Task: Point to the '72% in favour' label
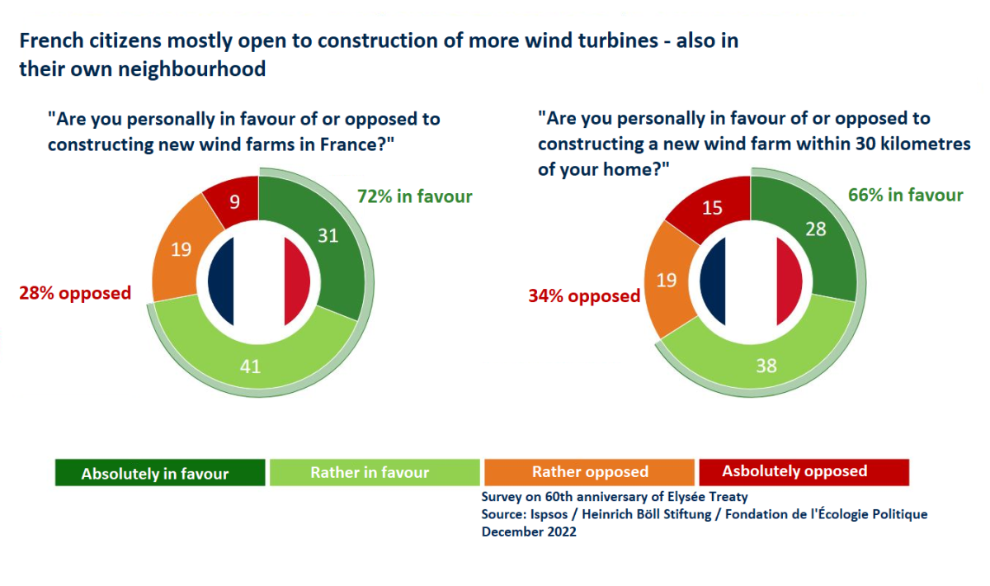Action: point(414,196)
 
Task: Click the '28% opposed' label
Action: point(75,293)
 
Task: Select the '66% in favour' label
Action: point(906,195)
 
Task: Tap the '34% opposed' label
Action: point(584,295)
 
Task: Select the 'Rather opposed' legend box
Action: point(590,473)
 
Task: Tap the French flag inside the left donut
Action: point(258,281)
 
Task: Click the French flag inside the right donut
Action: point(750,281)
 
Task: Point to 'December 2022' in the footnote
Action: point(529,532)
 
